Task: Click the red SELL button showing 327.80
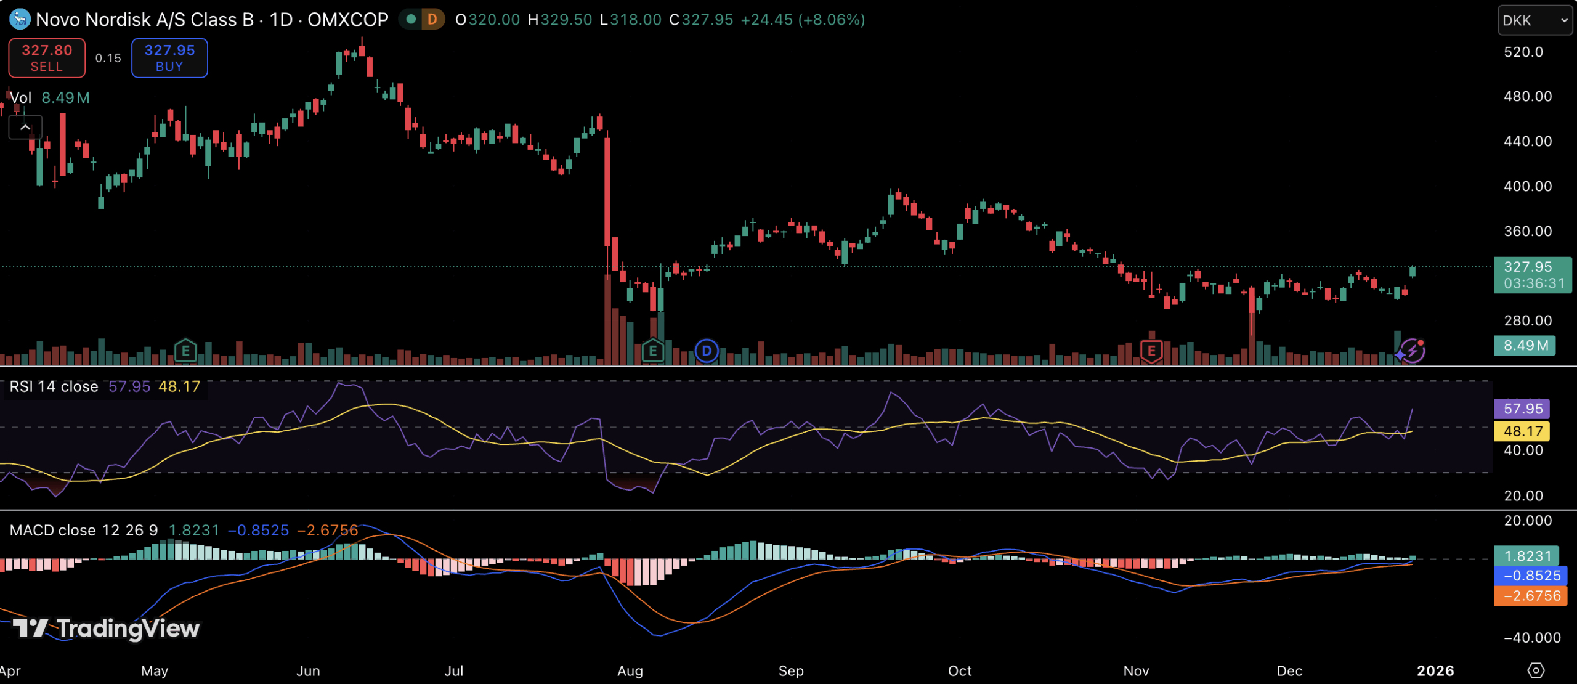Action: pos(47,58)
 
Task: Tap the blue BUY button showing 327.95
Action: pos(169,58)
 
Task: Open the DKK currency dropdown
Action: pos(1534,20)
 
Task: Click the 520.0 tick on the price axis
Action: pos(1523,52)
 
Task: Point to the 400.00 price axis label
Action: pos(1527,186)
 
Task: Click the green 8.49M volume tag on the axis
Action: pos(1525,345)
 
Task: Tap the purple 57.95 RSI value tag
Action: pos(1522,409)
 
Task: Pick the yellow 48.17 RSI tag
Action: pos(1522,431)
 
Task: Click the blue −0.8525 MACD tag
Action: pos(1531,576)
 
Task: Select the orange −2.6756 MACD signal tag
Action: pos(1531,596)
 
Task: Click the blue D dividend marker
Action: pos(707,351)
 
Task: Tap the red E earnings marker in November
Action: pos(1151,351)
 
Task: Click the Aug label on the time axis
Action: pos(630,670)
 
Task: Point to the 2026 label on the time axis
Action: pos(1435,670)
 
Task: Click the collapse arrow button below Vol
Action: pos(25,128)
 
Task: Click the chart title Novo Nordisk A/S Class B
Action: pos(145,20)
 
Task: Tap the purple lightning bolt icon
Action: pos(1413,351)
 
